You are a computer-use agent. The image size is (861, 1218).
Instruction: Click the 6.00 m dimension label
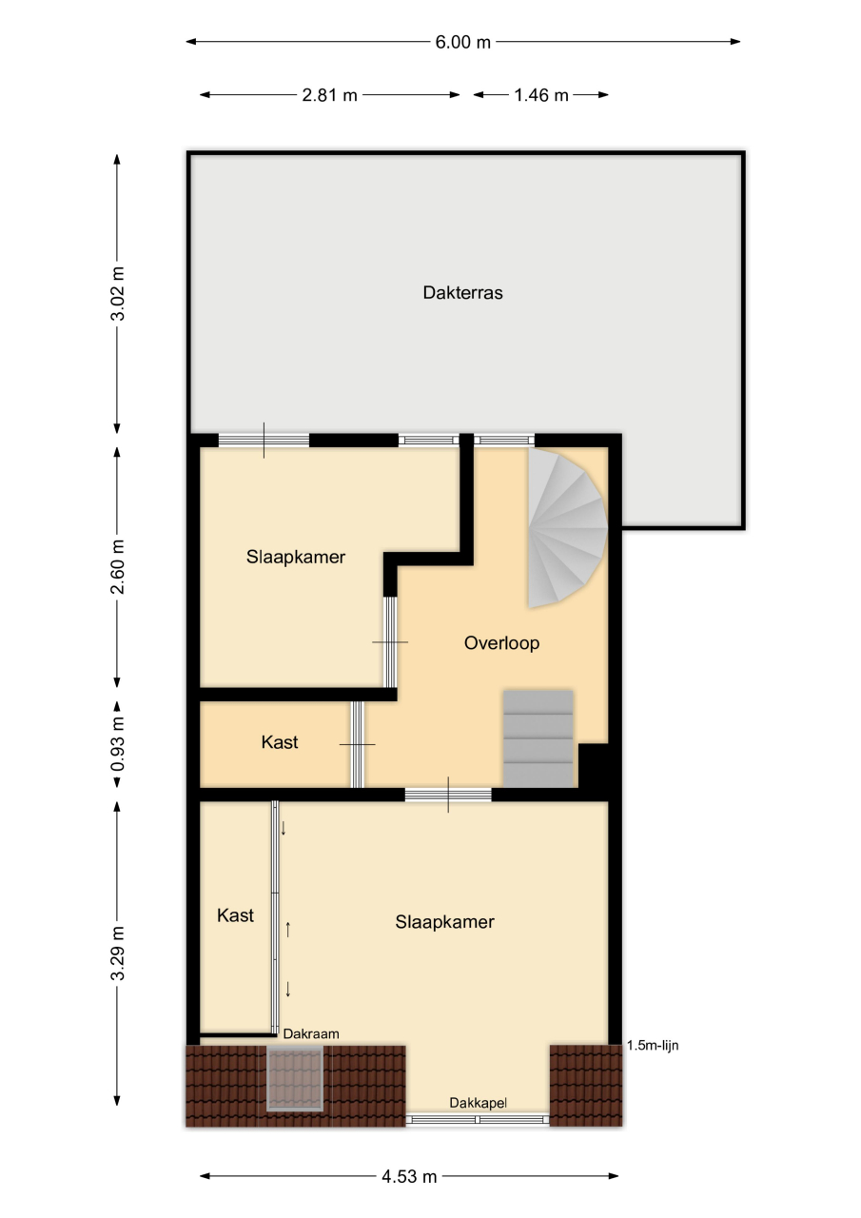[462, 42]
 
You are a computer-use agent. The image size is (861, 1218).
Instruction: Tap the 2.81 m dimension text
[329, 95]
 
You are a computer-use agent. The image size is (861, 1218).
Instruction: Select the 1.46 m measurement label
[540, 95]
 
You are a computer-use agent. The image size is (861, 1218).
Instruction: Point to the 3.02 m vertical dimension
[117, 294]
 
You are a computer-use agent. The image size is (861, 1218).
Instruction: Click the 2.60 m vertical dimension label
[117, 566]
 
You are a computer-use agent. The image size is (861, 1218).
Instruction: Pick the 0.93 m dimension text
[117, 744]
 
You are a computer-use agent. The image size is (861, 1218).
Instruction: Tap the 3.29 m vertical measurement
[117, 953]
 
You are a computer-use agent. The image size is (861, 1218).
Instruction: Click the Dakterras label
[462, 293]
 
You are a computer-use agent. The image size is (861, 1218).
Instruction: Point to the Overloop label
[501, 643]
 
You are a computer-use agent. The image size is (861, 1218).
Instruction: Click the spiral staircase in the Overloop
[567, 527]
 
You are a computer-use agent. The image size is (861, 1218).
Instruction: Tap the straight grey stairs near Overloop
[538, 738]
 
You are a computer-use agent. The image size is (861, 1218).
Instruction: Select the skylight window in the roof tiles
[295, 1079]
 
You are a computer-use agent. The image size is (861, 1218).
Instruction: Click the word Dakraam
[311, 1033]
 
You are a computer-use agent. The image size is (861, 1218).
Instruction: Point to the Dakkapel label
[478, 1102]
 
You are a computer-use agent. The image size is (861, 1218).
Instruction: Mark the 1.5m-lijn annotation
[653, 1045]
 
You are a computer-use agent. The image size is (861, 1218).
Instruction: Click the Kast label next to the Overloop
[280, 742]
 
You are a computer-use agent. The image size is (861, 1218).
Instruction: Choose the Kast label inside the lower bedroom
[235, 915]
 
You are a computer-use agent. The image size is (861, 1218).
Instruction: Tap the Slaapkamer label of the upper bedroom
[296, 558]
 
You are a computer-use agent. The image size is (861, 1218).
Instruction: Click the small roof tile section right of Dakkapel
[586, 1086]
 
